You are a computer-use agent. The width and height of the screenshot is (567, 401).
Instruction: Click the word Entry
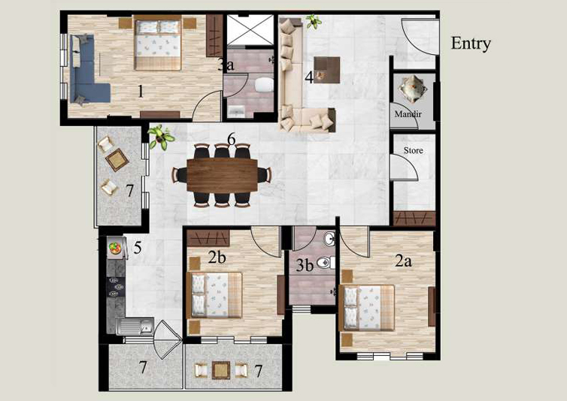pyautogui.click(x=471, y=44)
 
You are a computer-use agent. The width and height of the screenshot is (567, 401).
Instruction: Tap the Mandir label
pyautogui.click(x=408, y=114)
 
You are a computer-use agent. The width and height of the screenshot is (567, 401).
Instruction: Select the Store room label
pyautogui.click(x=414, y=150)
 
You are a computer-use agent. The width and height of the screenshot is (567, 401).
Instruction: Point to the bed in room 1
pyautogui.click(x=158, y=42)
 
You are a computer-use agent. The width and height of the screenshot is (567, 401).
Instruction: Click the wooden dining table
pyautogui.click(x=222, y=175)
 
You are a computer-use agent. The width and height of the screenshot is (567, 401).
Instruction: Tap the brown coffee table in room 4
pyautogui.click(x=326, y=70)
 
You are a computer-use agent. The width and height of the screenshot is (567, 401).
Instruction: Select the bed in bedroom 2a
pyautogui.click(x=366, y=308)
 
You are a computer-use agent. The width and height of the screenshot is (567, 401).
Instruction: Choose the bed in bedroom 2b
pyautogui.click(x=214, y=295)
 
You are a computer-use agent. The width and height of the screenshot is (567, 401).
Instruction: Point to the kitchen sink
pyautogui.click(x=135, y=326)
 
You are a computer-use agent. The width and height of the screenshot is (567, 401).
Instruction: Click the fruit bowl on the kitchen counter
pyautogui.click(x=115, y=248)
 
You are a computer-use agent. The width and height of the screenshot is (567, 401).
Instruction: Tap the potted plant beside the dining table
pyautogui.click(x=161, y=137)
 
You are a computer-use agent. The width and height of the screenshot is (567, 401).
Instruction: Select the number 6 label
pyautogui.click(x=232, y=139)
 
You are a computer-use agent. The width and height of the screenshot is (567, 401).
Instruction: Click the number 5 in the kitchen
pyautogui.click(x=138, y=248)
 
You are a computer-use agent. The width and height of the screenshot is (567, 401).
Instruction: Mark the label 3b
pyautogui.click(x=304, y=265)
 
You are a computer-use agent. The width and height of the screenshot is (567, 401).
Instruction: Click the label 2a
pyautogui.click(x=403, y=261)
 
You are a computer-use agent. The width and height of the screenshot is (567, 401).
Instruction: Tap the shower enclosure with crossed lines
pyautogui.click(x=250, y=29)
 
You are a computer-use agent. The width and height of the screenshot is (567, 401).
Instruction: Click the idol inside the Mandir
pyautogui.click(x=412, y=89)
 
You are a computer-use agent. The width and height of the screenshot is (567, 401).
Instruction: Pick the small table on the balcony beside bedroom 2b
pyautogui.click(x=221, y=370)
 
